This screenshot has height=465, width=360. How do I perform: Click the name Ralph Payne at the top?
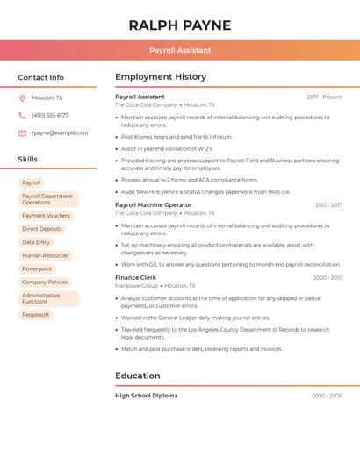pyautogui.click(x=180, y=25)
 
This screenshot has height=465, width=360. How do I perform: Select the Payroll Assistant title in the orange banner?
pyautogui.click(x=180, y=50)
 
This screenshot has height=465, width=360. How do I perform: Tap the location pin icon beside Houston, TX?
pyautogui.click(x=22, y=97)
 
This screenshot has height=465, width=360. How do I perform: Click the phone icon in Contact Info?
pyautogui.click(x=22, y=115)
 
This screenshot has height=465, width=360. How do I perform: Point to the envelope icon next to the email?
pyautogui.click(x=22, y=133)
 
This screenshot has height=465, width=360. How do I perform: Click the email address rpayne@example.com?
pyautogui.click(x=60, y=133)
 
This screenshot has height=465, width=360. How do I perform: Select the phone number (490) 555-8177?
pyautogui.click(x=50, y=115)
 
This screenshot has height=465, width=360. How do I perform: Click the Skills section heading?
pyautogui.click(x=28, y=159)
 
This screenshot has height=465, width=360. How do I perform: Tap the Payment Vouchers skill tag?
pyautogui.click(x=46, y=215)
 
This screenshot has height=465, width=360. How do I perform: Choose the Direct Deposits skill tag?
pyautogui.click(x=42, y=228)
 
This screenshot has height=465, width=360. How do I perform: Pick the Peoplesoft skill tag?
pyautogui.click(x=36, y=314)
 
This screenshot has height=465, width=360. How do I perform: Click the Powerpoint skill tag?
pyautogui.click(x=37, y=268)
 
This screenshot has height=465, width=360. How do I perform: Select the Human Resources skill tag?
pyautogui.click(x=45, y=255)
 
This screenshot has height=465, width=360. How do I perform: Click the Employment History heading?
pyautogui.click(x=161, y=77)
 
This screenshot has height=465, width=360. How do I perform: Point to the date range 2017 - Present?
pyautogui.click(x=324, y=97)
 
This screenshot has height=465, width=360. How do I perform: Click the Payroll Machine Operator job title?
pyautogui.click(x=153, y=204)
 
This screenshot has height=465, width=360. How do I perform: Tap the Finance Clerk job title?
pyautogui.click(x=135, y=277)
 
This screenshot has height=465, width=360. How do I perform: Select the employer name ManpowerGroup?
pyautogui.click(x=137, y=285)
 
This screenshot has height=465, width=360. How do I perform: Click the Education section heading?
pyautogui.click(x=137, y=376)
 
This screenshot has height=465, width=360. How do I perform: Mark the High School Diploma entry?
pyautogui.click(x=146, y=396)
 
